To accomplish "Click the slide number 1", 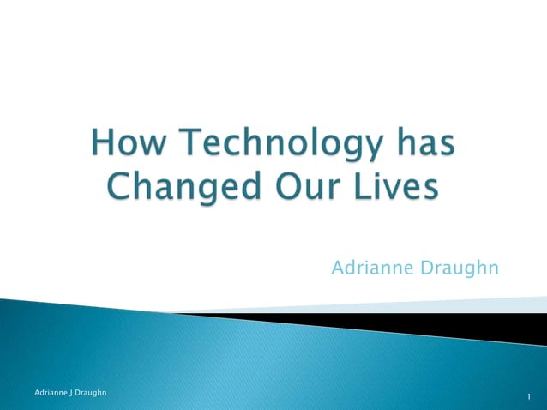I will (x=531, y=396).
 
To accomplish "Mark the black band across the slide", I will (x=429, y=326).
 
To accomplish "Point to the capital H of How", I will (x=104, y=144).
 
